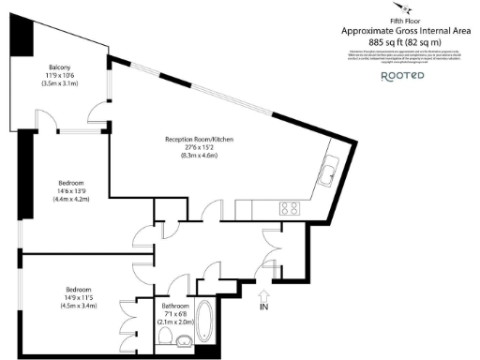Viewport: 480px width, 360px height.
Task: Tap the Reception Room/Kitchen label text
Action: point(198,139)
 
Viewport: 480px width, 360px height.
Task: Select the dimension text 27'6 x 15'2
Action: point(198,147)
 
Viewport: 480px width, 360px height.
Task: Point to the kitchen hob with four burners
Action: point(291,208)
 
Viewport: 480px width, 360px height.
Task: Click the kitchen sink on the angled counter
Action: point(332,173)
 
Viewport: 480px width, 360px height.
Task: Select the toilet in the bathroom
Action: point(165,334)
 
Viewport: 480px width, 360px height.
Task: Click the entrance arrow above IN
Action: point(263,290)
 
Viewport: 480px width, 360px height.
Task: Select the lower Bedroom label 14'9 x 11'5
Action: point(80,297)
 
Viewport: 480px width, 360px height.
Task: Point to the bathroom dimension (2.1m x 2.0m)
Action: point(176,322)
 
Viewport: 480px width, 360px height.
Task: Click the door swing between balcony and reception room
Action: point(97,114)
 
